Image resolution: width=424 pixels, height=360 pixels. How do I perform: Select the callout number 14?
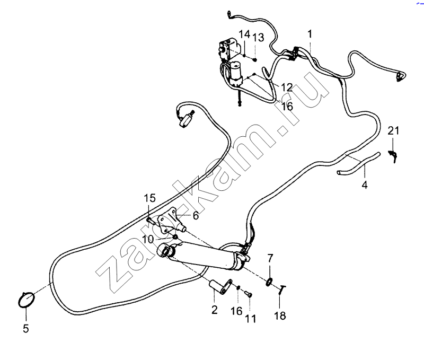pyautogui.click(x=244, y=35)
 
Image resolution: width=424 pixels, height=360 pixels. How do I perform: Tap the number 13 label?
pyautogui.click(x=258, y=37)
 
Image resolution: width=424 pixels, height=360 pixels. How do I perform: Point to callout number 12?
pyautogui.click(x=286, y=87)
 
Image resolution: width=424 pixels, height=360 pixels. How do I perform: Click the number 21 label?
pyautogui.click(x=393, y=131)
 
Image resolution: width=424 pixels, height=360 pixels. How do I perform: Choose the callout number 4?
pyautogui.click(x=364, y=185)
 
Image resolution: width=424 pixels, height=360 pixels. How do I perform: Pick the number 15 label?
pyautogui.click(x=151, y=198)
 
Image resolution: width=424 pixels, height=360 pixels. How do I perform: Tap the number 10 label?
pyautogui.click(x=148, y=239)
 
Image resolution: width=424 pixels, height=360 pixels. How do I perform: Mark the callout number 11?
pyautogui.click(x=250, y=319)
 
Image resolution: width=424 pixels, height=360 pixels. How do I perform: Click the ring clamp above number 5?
pyautogui.click(x=26, y=300)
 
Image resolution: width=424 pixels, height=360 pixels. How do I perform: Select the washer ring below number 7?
pyautogui.click(x=270, y=280)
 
